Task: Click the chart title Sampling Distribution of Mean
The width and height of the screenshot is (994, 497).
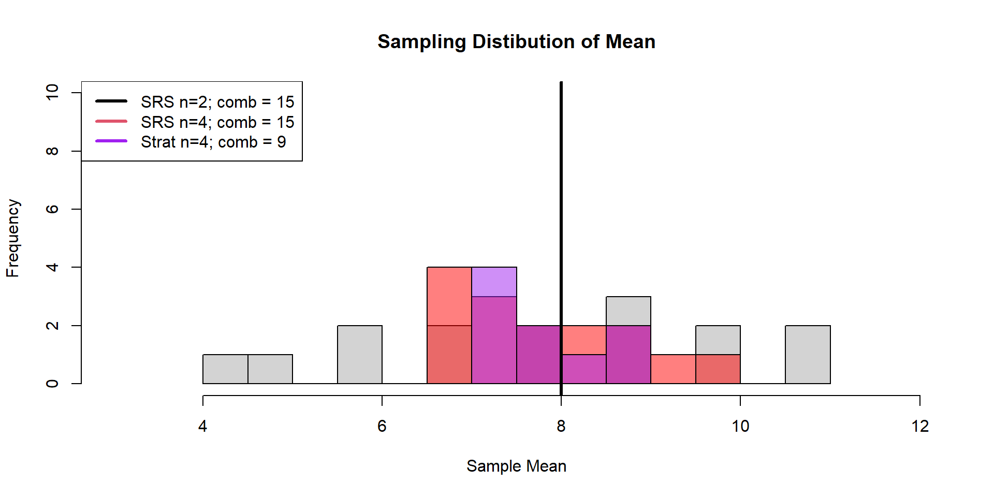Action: [x=516, y=42]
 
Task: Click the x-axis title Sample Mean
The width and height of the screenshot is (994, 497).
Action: [x=516, y=466]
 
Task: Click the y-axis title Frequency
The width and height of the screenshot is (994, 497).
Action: [x=13, y=238]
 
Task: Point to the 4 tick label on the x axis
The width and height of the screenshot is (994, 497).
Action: [x=202, y=426]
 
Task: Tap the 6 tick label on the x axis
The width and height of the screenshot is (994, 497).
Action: [x=382, y=426]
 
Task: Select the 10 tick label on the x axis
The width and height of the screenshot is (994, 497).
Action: [x=740, y=426]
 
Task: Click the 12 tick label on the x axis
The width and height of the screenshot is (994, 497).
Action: [x=920, y=426]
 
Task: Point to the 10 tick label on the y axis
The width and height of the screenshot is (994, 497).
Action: [x=52, y=93]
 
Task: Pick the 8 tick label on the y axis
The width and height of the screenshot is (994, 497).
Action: [x=52, y=151]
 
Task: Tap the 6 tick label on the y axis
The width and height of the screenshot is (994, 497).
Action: [x=52, y=209]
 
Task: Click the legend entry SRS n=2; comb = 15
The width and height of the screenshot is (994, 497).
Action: [x=217, y=102]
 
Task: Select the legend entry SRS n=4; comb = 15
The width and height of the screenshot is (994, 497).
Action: [x=217, y=122]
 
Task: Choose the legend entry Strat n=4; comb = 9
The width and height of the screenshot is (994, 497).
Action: [x=213, y=142]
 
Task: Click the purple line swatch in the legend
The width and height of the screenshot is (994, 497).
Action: [x=111, y=141]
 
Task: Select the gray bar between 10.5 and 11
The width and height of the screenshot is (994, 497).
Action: [x=808, y=355]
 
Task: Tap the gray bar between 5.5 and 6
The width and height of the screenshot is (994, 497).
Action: [x=360, y=355]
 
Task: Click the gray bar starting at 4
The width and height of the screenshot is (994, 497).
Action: [x=225, y=369]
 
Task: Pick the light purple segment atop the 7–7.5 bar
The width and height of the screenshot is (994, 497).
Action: [x=494, y=282]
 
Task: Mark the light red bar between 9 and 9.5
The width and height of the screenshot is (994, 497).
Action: [x=673, y=369]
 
